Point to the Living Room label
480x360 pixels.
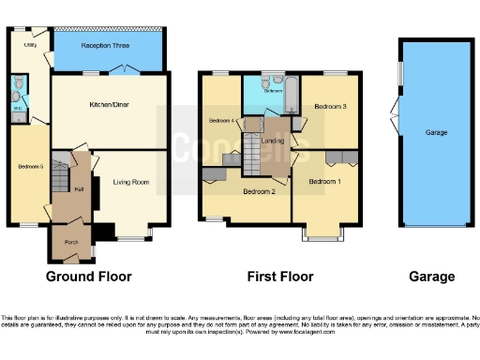pyautogui.click(x=131, y=182)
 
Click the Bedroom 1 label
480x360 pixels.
pyautogui.click(x=324, y=180)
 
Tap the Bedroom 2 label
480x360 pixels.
pyautogui.click(x=259, y=191)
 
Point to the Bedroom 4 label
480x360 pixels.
pyautogui.click(x=219, y=120)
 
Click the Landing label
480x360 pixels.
pyautogui.click(x=273, y=142)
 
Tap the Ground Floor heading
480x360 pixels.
pyautogui.click(x=88, y=277)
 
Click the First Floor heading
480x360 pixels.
pyautogui.click(x=279, y=277)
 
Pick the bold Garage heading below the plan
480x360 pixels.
pyautogui.click(x=432, y=277)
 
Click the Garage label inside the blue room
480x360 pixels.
pyautogui.click(x=436, y=133)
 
